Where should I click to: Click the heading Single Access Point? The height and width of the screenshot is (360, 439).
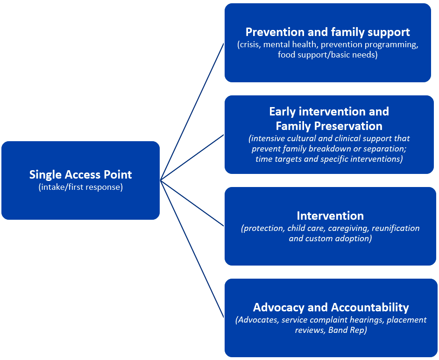[80, 175]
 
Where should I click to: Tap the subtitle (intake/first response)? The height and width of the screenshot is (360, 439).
[80, 188]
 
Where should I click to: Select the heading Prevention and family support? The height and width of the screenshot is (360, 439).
[327, 32]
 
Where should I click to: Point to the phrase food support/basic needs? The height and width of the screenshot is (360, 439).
[327, 55]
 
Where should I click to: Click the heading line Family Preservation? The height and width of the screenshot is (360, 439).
[329, 126]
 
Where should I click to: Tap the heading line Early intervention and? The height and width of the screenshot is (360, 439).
[329, 112]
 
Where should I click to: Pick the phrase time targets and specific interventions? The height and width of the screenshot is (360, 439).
[329, 159]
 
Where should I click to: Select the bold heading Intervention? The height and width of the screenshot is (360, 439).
[330, 216]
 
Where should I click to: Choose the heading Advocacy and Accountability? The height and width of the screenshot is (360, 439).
[331, 307]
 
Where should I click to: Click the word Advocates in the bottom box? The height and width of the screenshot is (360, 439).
[257, 320]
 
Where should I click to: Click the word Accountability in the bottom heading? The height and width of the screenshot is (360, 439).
[370, 307]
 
